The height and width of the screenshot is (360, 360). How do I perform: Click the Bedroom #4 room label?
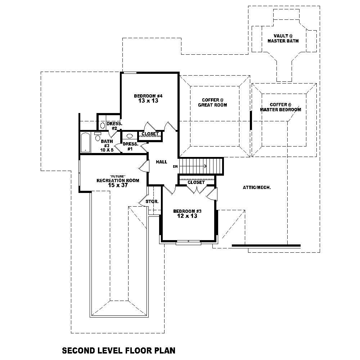coord(148,96)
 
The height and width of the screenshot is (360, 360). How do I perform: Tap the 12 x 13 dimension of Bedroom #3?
coord(187,216)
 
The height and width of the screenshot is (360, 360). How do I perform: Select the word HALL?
coord(161,162)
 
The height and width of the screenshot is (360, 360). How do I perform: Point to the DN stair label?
coord(175,166)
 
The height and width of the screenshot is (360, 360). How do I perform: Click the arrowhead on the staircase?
coord(204,166)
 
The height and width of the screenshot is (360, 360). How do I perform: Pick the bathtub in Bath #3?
coord(85,142)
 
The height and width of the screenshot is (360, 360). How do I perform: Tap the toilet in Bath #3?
coord(98,137)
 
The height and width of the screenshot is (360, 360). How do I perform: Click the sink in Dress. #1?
coord(130,136)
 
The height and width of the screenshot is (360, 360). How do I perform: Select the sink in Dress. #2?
coord(102,125)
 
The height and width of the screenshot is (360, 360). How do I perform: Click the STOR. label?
coord(152,202)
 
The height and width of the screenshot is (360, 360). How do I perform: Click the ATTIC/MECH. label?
coord(257,188)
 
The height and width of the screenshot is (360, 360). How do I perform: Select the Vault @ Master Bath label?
coord(283,39)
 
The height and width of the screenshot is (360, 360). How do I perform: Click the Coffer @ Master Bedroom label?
coord(280,107)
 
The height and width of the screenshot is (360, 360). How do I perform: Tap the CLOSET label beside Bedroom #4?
coord(150,134)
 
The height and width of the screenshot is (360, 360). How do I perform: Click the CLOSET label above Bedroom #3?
coord(196,183)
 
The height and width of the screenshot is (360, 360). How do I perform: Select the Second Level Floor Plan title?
coord(119,350)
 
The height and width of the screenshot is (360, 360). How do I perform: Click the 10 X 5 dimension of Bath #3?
coord(107,150)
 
